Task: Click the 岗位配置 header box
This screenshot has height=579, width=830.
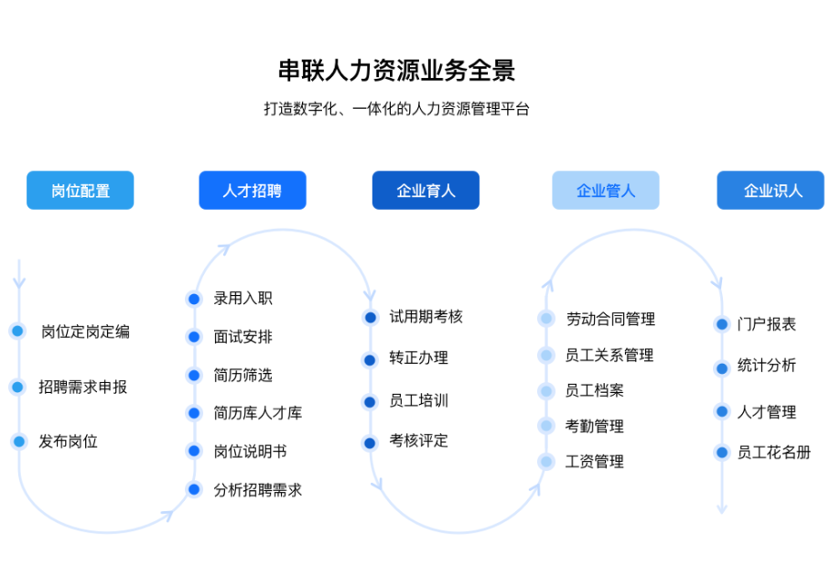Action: click(80, 191)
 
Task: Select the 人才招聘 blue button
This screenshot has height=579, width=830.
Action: click(253, 191)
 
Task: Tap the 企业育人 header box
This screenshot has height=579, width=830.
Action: click(426, 191)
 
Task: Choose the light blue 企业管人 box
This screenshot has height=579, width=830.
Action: click(606, 191)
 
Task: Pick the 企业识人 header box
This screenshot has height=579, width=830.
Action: click(771, 191)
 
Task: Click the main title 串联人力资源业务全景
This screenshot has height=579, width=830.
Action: click(396, 71)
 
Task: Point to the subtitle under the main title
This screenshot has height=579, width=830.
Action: click(396, 109)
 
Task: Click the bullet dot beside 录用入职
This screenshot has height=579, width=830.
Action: click(194, 299)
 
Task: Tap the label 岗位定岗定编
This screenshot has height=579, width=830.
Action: click(85, 332)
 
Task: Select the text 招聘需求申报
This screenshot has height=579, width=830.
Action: click(82, 387)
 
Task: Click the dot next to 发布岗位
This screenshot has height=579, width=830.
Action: click(19, 442)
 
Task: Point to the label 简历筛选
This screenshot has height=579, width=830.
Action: click(243, 375)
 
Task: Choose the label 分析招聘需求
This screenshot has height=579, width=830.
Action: click(257, 490)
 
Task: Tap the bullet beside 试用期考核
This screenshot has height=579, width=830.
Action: click(371, 317)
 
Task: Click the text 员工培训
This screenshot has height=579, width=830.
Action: click(419, 400)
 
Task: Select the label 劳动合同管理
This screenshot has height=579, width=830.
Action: click(610, 319)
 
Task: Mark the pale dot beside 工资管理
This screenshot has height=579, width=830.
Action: click(546, 462)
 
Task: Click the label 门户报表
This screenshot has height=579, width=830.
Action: click(767, 324)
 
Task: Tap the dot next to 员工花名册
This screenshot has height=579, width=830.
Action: click(721, 453)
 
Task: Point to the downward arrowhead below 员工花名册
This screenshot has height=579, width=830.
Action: click(721, 509)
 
